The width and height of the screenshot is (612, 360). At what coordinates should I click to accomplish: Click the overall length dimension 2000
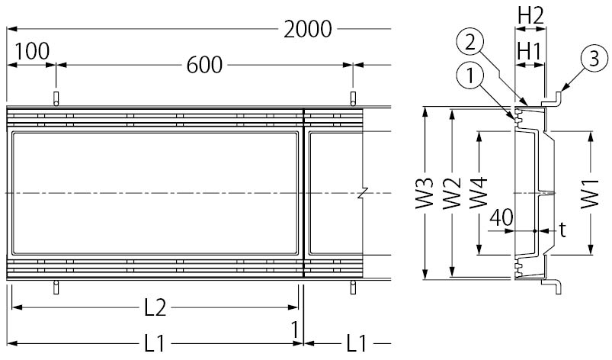pos(307,30)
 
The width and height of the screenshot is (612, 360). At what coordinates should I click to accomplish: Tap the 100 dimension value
pos(31,51)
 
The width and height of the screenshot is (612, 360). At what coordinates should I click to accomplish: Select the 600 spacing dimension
pos(203,66)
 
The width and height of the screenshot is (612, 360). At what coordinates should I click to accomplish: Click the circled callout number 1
pos(470,75)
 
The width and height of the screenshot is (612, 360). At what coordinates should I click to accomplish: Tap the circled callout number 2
pos(470,40)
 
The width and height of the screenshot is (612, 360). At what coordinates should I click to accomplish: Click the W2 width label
pos(452,194)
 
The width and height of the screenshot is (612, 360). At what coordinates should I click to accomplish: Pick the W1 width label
pos(589,194)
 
